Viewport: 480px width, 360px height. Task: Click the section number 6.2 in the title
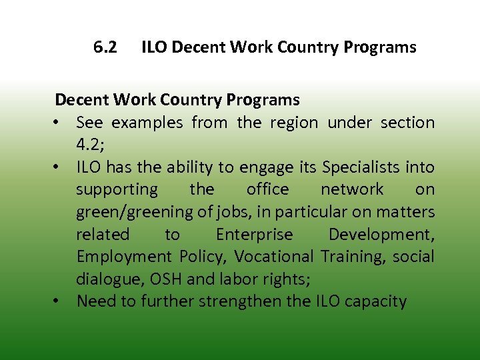105,47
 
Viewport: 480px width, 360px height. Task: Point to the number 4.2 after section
90,145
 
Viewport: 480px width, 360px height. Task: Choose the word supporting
117,189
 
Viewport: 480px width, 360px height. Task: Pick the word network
352,189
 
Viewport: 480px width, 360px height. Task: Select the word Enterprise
254,234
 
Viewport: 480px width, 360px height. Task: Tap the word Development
380,234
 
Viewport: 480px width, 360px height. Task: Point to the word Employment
123,257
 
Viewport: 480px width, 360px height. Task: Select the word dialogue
107,279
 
